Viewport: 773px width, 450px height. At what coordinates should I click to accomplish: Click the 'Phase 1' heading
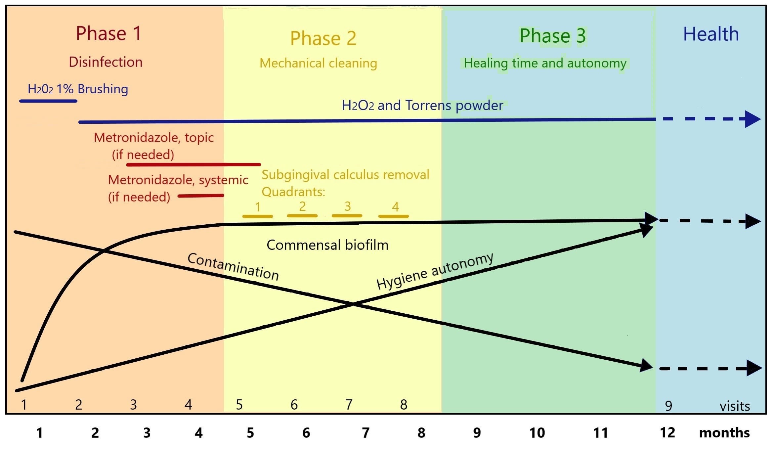[x=108, y=33]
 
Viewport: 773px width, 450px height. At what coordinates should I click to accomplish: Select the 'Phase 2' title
[x=323, y=38]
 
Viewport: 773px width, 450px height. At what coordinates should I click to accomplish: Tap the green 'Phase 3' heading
[x=552, y=36]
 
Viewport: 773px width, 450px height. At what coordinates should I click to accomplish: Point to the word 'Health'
[x=711, y=34]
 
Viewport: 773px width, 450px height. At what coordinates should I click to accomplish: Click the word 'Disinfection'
[x=106, y=62]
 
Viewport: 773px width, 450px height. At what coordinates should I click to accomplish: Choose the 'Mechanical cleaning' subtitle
[x=318, y=63]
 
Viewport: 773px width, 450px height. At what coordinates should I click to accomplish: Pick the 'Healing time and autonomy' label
[x=545, y=63]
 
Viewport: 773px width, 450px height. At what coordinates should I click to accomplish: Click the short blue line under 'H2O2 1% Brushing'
[x=48, y=101]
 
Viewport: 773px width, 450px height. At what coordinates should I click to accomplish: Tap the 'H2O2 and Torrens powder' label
[x=422, y=106]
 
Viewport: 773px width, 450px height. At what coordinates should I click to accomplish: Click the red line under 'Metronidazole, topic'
[x=193, y=164]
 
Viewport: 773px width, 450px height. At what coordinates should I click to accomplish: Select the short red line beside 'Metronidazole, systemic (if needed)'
[x=201, y=196]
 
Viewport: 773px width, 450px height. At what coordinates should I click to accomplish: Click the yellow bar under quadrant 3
[x=347, y=216]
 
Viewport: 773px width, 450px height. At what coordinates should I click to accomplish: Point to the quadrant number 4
[x=395, y=207]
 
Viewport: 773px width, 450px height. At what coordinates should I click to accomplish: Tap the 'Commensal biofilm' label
[x=327, y=245]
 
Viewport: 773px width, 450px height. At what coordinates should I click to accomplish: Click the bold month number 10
[x=537, y=433]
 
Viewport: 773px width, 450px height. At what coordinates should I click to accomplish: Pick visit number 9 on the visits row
[x=668, y=406]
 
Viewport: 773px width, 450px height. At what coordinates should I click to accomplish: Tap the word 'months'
[x=724, y=433]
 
